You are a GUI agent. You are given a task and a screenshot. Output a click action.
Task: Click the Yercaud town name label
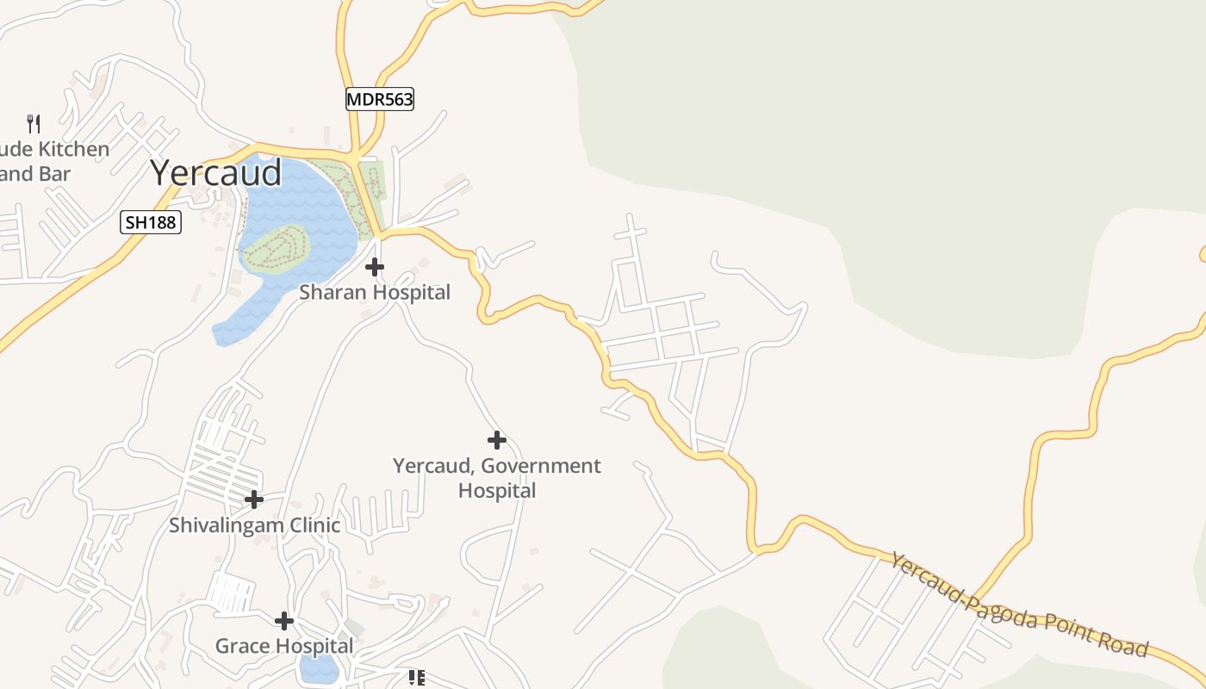[x=215, y=173]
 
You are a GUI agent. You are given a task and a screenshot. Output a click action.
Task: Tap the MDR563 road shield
[x=380, y=99]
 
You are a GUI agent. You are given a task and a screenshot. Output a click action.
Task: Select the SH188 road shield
[x=150, y=223]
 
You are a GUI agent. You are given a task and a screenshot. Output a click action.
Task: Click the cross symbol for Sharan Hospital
[x=375, y=267]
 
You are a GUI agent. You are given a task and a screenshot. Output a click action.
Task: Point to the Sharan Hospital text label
[x=375, y=293]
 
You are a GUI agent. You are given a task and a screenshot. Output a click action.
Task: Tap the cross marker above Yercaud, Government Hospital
[x=497, y=441]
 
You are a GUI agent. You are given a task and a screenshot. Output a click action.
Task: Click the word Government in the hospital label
[x=541, y=466]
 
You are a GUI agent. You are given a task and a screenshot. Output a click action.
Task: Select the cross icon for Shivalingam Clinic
[x=254, y=500]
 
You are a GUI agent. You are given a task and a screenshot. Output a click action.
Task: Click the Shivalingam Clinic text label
[x=254, y=525]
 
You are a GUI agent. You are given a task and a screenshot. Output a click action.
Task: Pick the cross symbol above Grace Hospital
[x=284, y=620]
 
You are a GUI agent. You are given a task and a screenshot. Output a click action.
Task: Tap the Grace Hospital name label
[x=284, y=646]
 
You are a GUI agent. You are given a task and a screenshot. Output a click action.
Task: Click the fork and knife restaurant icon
[x=34, y=123]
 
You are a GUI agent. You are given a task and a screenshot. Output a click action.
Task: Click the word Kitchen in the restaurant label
[x=73, y=149]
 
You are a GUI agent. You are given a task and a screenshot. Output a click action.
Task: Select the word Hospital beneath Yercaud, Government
[x=497, y=491]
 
